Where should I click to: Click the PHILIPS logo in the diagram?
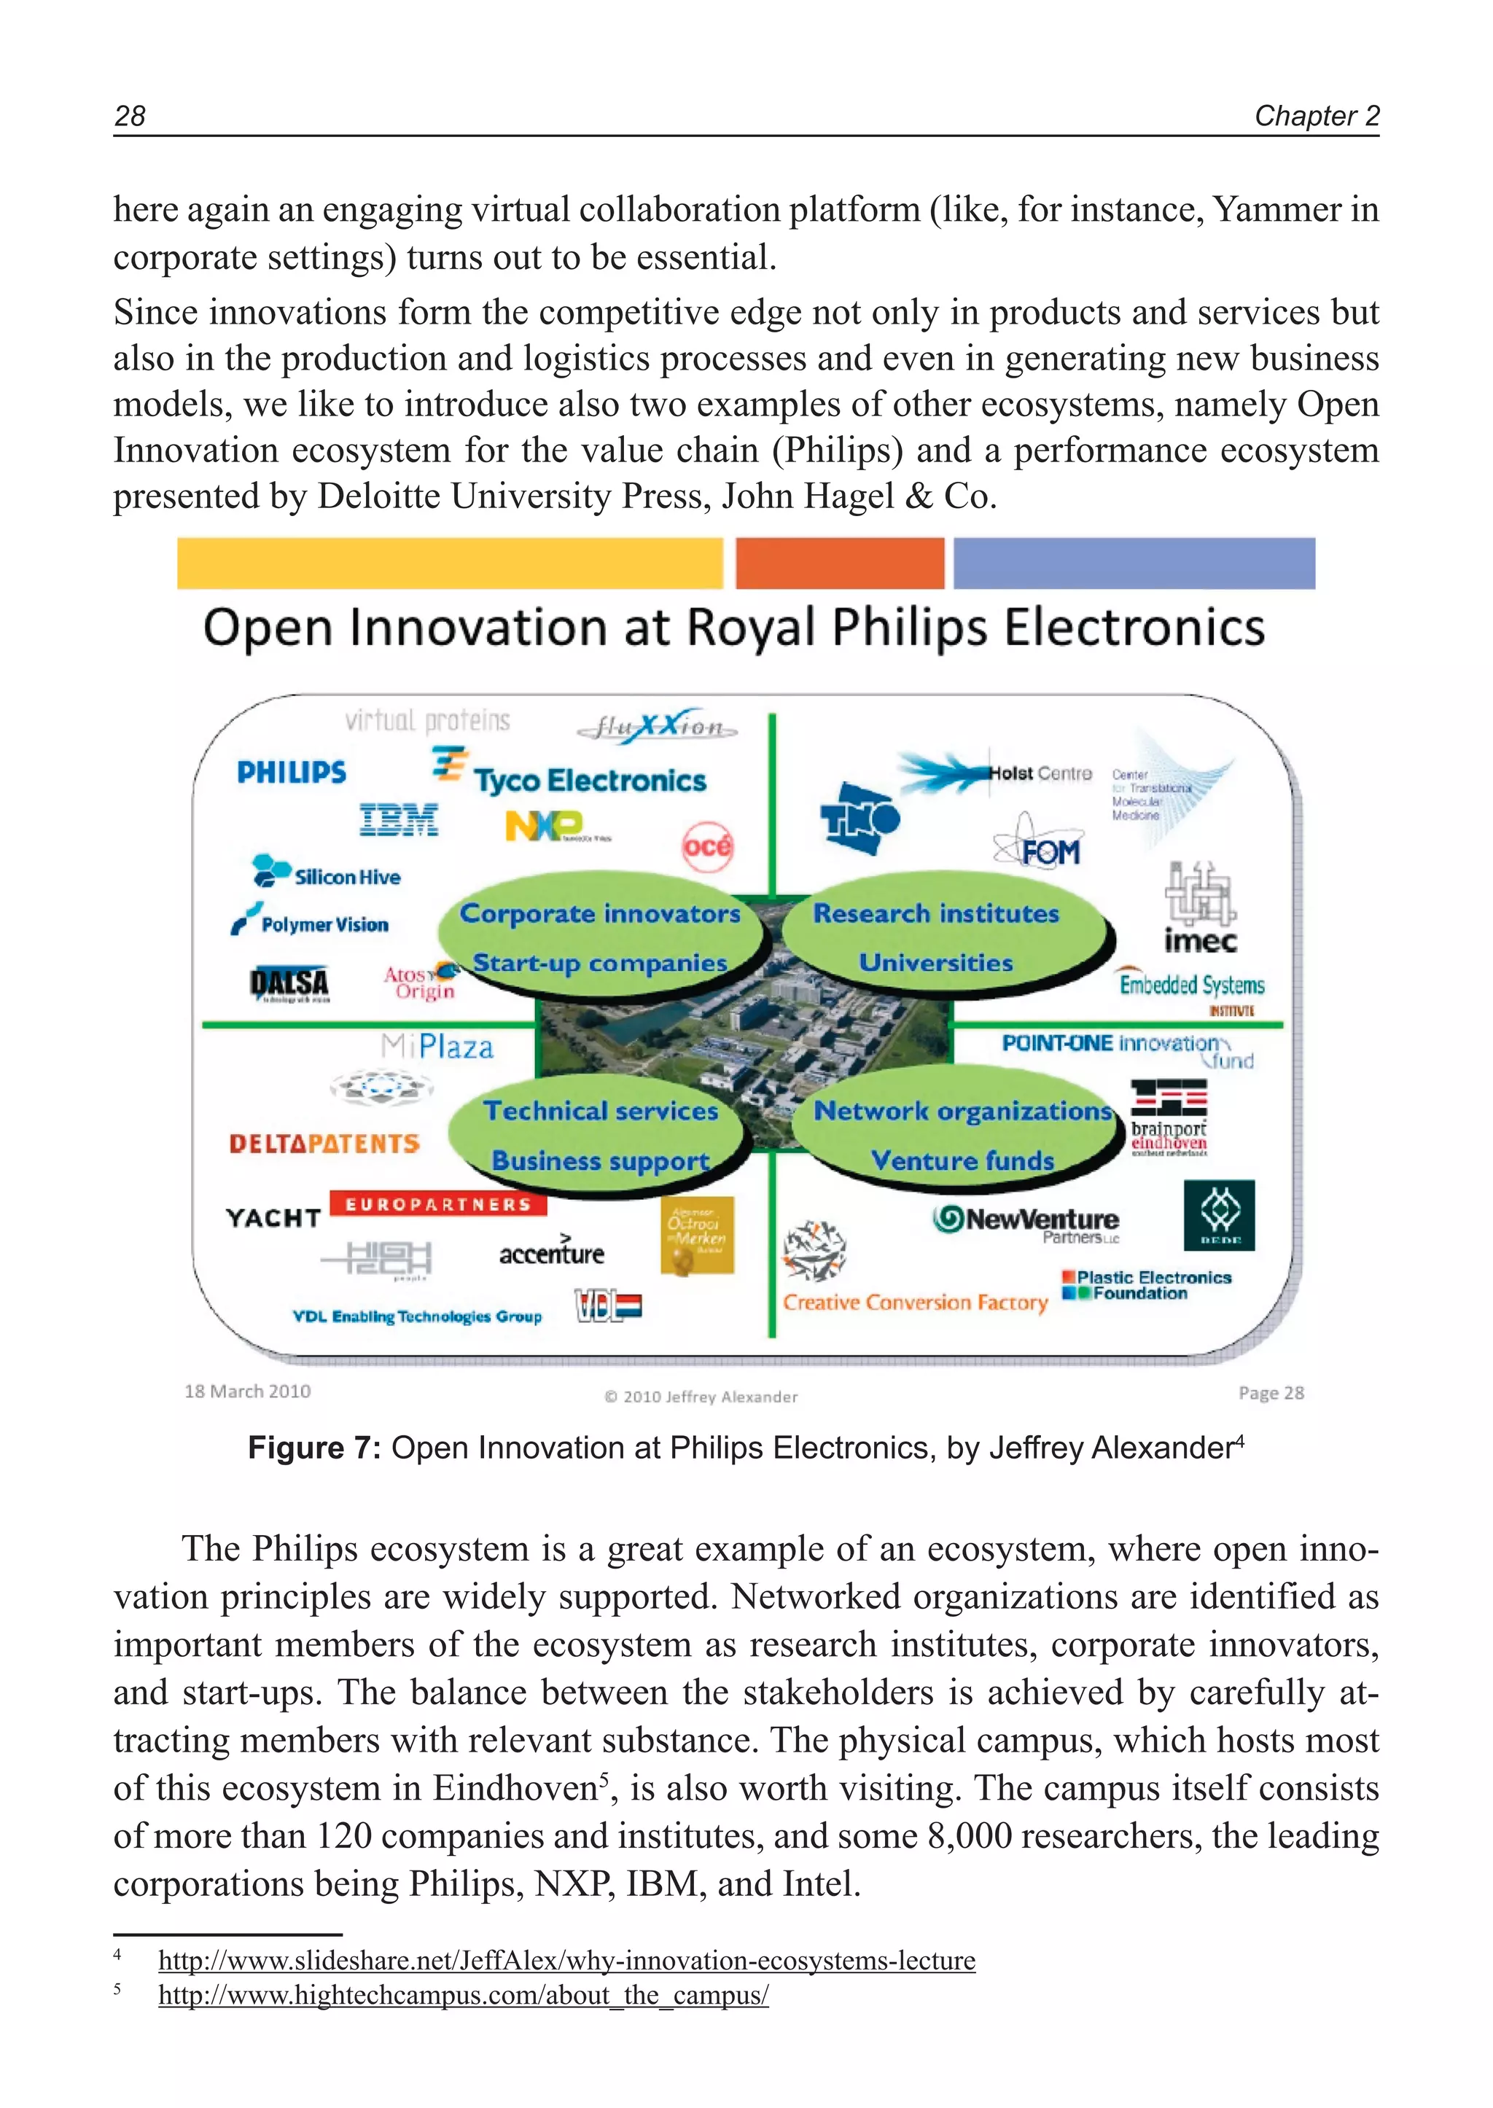point(292,772)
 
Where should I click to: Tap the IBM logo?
point(399,820)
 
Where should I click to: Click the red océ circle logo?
point(707,846)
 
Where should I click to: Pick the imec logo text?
point(1201,941)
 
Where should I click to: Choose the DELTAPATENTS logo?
point(324,1144)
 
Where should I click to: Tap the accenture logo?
point(552,1253)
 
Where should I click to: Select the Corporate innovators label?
point(600,914)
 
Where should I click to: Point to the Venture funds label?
point(962,1161)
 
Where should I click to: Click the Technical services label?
point(600,1112)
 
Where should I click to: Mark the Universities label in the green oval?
point(936,963)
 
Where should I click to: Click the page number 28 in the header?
point(130,116)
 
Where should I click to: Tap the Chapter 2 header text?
point(1317,116)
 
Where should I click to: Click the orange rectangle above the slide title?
point(839,563)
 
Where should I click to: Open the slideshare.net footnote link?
point(566,1960)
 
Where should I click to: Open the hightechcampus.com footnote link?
point(464,1995)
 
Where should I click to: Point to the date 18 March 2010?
point(247,1391)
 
